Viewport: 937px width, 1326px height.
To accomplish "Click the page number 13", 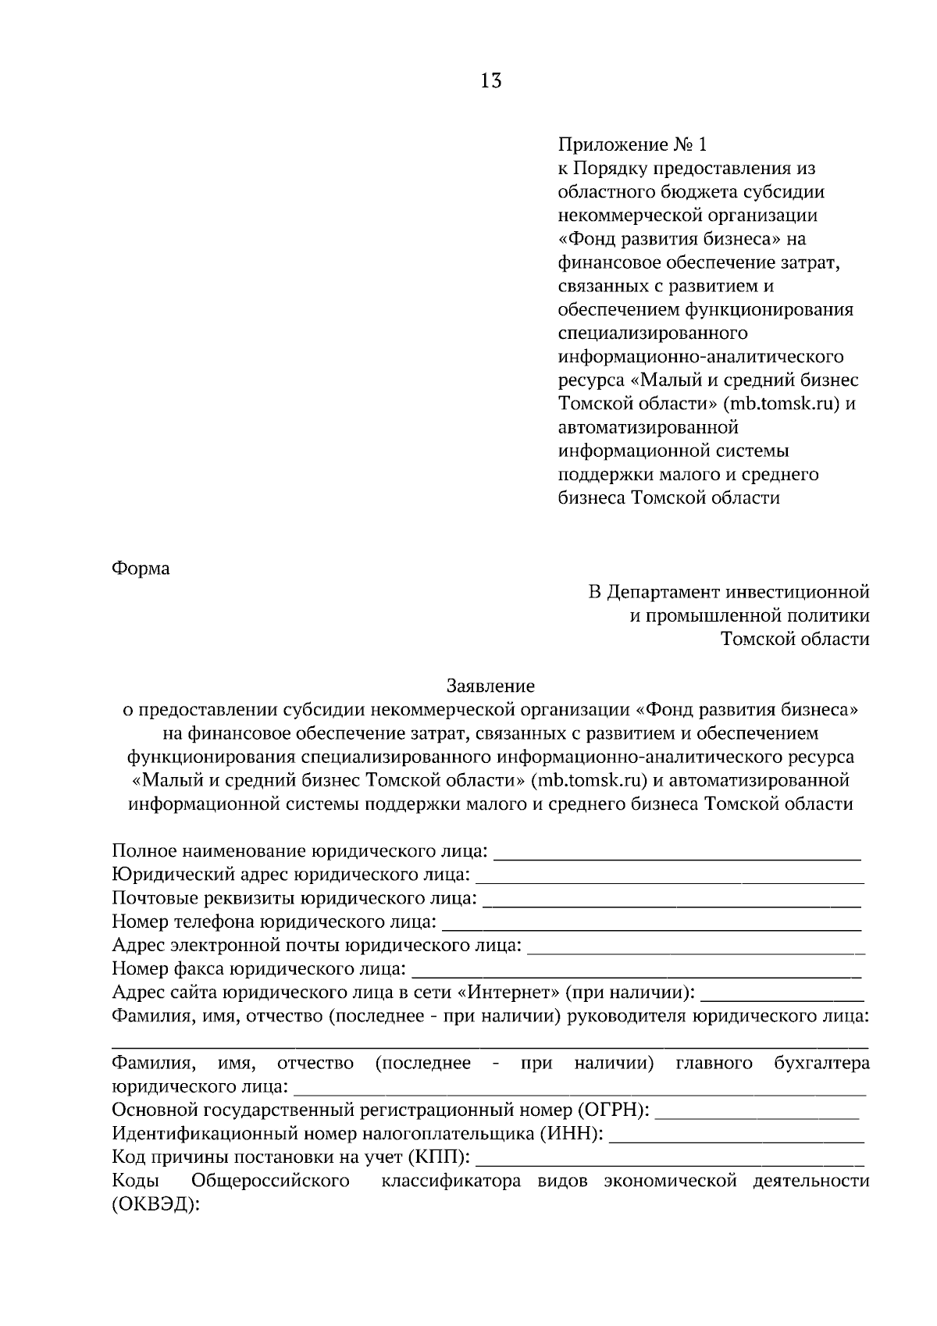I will click(491, 80).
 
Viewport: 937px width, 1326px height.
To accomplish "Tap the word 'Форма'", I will click(141, 569).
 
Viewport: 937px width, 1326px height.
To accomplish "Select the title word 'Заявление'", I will click(490, 686).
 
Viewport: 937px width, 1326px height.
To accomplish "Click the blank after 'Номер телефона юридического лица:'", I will click(652, 925).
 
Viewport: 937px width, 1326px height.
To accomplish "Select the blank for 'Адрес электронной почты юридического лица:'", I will click(697, 948).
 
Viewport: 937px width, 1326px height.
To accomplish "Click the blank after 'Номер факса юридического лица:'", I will click(636, 971).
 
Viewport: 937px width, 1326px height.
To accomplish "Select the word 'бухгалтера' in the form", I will click(821, 1063).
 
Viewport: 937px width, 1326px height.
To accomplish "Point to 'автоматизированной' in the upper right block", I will click(649, 427).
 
